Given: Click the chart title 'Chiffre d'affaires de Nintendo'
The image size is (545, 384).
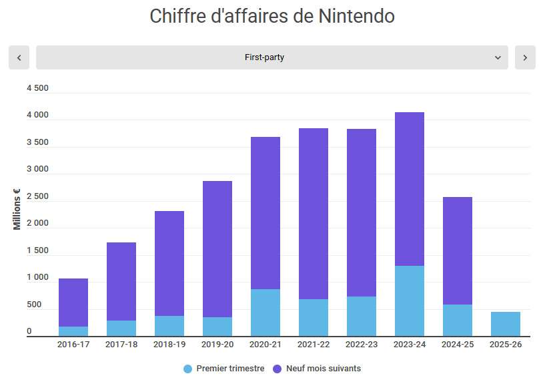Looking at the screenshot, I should (x=272, y=16).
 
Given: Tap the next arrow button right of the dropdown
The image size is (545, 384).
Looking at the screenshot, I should (x=525, y=57).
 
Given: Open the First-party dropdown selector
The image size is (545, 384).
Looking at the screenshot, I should (x=272, y=57).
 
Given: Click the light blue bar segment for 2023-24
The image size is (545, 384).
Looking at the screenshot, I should (x=410, y=301).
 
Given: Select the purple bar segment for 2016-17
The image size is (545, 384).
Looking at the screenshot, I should (x=73, y=303).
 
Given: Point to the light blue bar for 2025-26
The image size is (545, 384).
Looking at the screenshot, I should (x=506, y=324).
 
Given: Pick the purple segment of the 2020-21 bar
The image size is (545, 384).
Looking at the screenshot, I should (x=265, y=213).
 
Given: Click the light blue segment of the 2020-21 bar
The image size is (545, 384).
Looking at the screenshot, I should (x=265, y=313).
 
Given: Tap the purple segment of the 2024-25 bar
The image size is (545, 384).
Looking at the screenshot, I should (x=458, y=250).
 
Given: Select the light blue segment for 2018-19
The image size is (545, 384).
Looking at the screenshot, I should (x=169, y=326).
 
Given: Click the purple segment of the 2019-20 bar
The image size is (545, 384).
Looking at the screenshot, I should (x=217, y=249).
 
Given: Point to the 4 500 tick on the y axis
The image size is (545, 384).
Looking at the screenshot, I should (x=37, y=88).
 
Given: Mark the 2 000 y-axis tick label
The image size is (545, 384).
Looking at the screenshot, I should (x=37, y=223).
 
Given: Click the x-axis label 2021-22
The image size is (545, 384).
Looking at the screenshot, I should (x=314, y=345).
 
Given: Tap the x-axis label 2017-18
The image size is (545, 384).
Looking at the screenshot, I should (x=121, y=345).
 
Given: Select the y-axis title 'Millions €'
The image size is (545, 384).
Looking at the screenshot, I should (x=17, y=209).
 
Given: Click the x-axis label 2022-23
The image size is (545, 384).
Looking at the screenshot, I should (x=362, y=345).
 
